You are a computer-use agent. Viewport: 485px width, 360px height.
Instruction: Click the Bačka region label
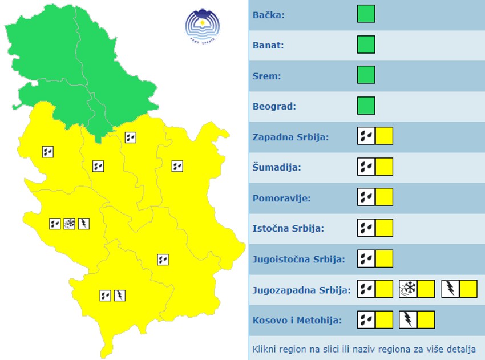[269, 14]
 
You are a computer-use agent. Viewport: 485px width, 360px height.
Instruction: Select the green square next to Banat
[366, 45]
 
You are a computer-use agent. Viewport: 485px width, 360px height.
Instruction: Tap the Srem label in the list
[267, 76]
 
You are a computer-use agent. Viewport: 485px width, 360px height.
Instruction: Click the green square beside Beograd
[366, 106]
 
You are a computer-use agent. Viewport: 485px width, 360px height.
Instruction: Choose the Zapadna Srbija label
[290, 137]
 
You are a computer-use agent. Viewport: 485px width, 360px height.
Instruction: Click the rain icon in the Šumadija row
[366, 167]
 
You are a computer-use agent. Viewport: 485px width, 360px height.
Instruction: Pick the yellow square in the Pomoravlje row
[384, 198]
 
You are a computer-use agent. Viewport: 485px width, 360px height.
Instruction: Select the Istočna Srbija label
[288, 229]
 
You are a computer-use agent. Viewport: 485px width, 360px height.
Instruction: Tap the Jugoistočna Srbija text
[298, 260]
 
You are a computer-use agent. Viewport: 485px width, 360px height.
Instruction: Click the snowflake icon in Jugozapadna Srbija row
[407, 289]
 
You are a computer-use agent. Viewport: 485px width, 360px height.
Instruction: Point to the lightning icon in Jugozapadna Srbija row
[450, 289]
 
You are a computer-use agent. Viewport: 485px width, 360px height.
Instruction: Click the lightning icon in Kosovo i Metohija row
[408, 319]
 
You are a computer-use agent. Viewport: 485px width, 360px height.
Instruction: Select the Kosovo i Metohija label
[297, 320]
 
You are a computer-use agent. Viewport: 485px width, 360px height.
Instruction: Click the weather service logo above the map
[202, 25]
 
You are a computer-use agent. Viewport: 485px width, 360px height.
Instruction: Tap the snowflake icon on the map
[70, 224]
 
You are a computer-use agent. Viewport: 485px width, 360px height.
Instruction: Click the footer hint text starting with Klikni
[364, 349]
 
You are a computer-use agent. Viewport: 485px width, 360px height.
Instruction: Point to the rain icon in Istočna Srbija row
[366, 228]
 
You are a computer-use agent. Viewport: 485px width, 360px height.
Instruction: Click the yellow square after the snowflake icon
[426, 289]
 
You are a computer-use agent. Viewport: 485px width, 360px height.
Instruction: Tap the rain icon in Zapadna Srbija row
[366, 136]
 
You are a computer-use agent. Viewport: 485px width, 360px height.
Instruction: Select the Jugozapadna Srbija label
[301, 290]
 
